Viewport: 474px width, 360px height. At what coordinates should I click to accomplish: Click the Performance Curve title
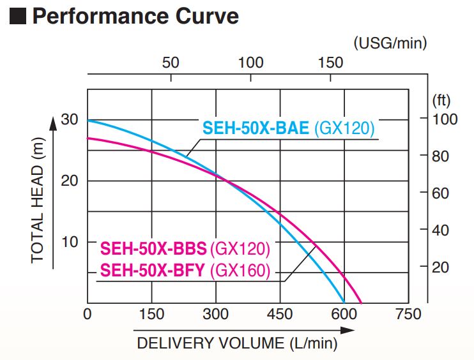(x=135, y=16)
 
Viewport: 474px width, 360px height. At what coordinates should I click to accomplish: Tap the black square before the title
(x=19, y=16)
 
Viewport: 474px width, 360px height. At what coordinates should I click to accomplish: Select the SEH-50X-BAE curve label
(x=288, y=128)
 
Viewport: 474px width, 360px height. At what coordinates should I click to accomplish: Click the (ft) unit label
(x=441, y=100)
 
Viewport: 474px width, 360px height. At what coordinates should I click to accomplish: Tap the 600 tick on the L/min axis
(x=344, y=314)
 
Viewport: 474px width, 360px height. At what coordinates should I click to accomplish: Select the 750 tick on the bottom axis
(x=408, y=314)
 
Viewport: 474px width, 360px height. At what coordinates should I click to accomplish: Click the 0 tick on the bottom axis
(x=88, y=314)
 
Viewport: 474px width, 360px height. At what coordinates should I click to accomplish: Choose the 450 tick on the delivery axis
(x=280, y=314)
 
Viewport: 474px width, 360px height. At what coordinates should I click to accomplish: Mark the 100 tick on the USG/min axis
(x=250, y=63)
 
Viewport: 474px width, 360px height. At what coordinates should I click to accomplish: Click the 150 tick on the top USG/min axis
(x=330, y=63)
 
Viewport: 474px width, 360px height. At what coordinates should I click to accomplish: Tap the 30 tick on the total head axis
(x=69, y=119)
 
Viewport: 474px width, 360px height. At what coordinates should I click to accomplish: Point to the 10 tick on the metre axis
(x=69, y=242)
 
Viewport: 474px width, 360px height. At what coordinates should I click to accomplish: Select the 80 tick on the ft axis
(x=440, y=156)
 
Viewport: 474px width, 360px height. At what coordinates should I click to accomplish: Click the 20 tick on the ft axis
(x=440, y=267)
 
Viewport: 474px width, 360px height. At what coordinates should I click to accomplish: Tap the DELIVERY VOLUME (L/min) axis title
(x=237, y=343)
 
